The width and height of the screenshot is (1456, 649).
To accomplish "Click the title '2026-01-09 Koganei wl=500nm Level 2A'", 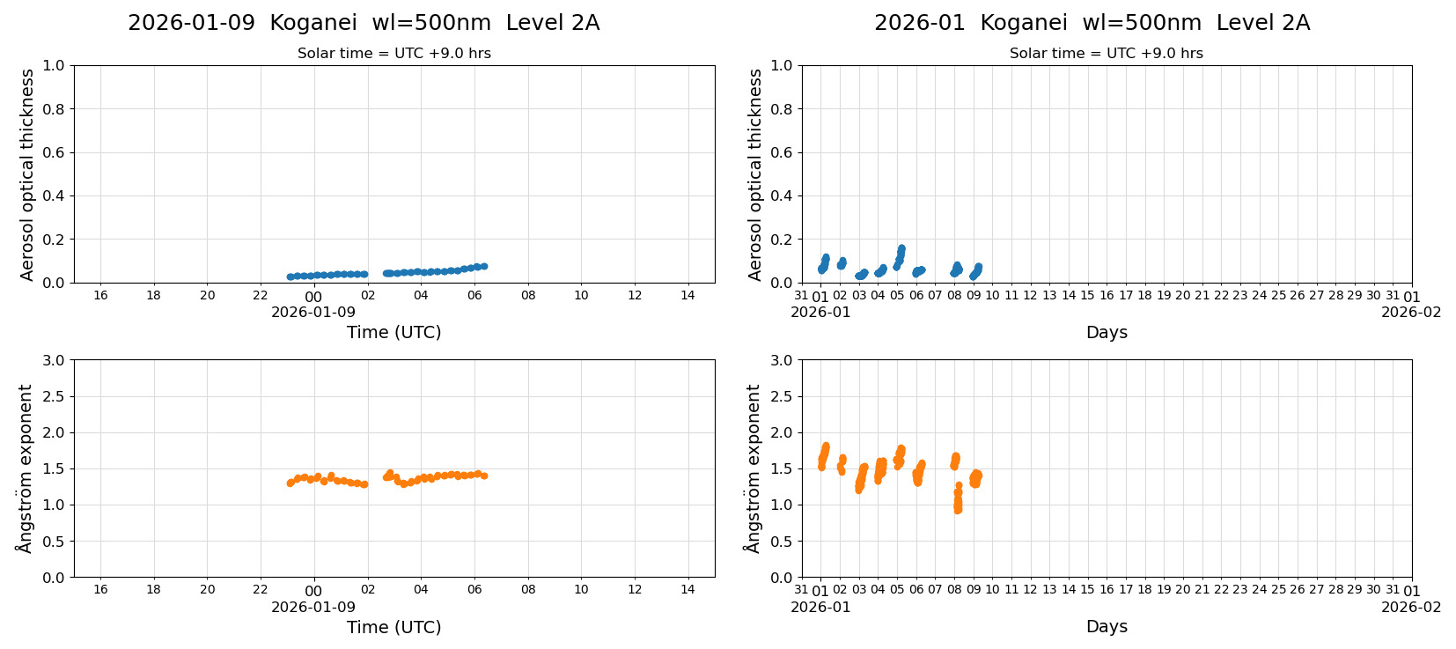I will click(364, 23).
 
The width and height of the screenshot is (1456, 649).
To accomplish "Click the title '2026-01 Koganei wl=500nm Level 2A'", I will click(1092, 23).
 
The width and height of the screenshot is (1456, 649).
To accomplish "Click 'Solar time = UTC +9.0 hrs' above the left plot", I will click(393, 54).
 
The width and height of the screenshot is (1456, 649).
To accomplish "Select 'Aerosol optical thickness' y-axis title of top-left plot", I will click(27, 174).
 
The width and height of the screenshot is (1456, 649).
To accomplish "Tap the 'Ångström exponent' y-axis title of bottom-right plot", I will click(753, 468).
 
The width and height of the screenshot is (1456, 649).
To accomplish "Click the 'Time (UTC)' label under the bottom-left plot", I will click(393, 627).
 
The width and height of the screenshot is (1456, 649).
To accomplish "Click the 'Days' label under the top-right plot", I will click(1107, 332).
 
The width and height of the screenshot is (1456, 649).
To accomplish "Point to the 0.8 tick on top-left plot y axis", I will click(55, 109).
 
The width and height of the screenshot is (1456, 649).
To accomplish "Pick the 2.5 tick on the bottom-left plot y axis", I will click(55, 396).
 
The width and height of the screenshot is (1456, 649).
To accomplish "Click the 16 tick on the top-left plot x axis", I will click(100, 296).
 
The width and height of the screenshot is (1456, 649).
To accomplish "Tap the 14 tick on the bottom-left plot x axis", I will click(688, 590).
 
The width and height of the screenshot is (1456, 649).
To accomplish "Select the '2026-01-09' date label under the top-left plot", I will click(313, 312).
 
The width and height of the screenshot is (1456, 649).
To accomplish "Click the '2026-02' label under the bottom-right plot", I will click(1411, 607).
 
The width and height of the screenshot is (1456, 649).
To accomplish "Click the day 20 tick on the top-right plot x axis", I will click(1182, 296).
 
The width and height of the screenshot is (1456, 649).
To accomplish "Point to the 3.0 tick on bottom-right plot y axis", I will click(782, 360).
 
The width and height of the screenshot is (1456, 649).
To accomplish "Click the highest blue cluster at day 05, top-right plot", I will click(901, 249).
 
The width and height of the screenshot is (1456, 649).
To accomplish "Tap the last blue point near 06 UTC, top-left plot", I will click(483, 266).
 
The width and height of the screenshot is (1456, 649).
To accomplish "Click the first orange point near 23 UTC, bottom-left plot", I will click(290, 483).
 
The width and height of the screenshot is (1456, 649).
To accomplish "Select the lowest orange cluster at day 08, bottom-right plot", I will click(958, 508).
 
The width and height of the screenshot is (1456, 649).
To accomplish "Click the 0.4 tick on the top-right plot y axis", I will click(782, 196).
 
